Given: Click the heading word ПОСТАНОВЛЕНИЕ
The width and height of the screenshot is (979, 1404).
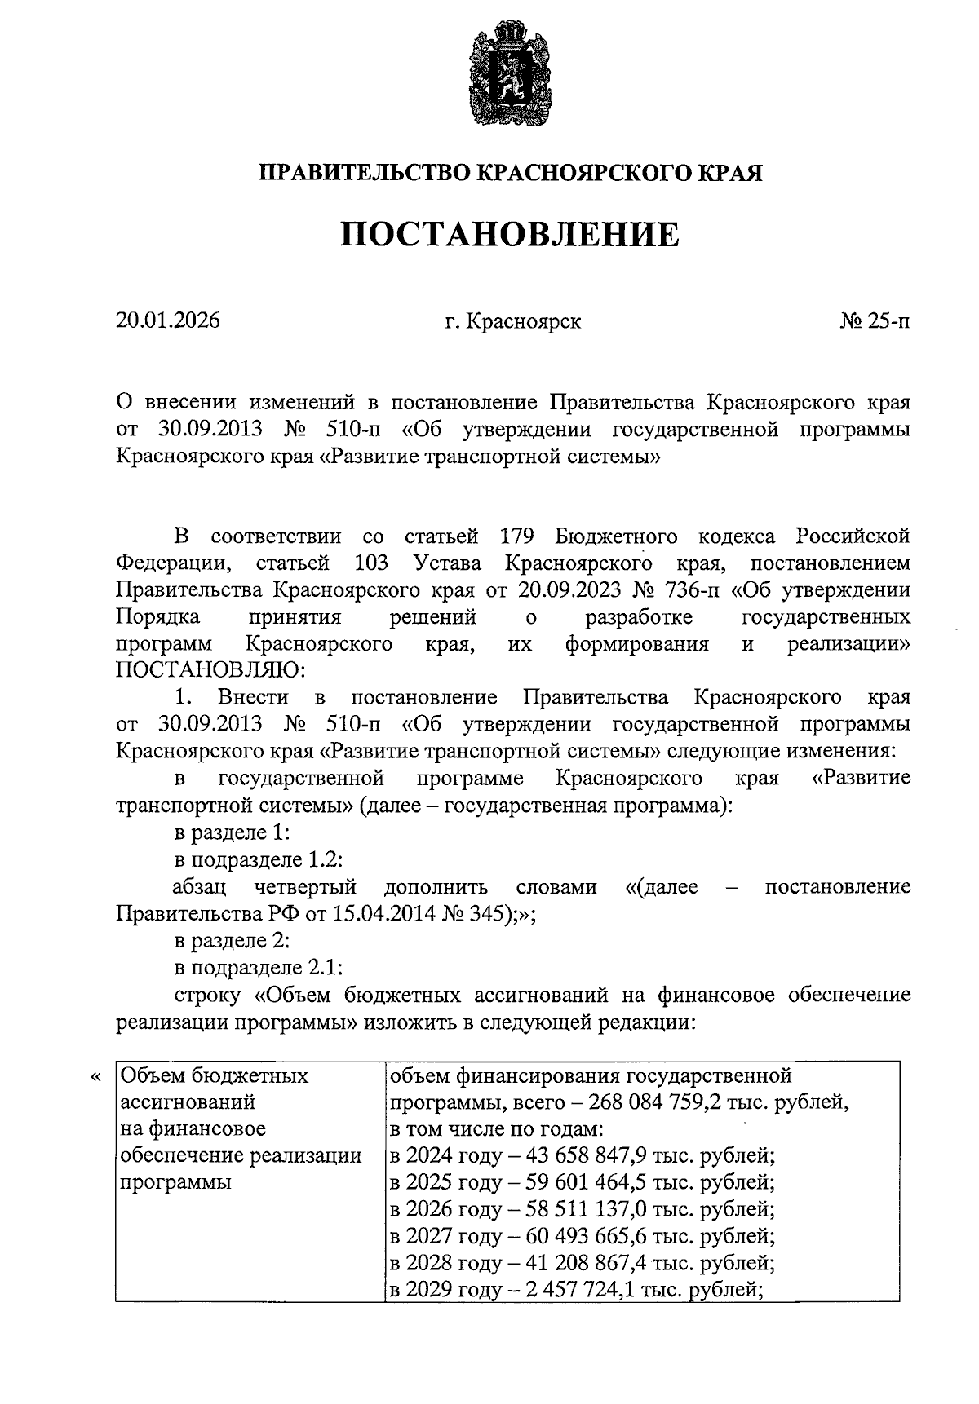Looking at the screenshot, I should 510,234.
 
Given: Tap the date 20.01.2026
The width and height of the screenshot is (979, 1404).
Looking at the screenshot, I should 167,321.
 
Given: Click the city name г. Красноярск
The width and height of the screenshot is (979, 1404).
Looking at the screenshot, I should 512,321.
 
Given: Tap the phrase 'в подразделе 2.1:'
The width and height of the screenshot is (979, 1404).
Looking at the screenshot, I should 258,967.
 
